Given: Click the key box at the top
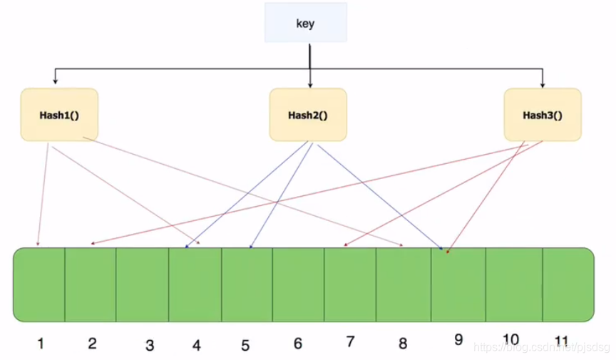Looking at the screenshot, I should coord(305,24).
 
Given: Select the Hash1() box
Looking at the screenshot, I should coord(59,115).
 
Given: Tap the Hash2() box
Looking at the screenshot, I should coord(308,115).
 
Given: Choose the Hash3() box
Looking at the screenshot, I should coord(542,115).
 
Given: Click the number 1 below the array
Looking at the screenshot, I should coord(41,344).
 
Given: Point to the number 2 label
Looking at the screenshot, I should coord(92,344).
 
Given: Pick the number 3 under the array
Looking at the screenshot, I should coord(150,346).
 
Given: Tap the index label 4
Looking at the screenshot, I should coord(197,346).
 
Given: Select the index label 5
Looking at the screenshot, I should coord(245,346).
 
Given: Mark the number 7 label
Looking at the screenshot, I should coord(350,342).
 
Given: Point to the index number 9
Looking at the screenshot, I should coord(458,339).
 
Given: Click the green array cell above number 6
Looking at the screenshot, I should coord(298,284).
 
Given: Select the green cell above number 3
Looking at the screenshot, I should coord(143,284).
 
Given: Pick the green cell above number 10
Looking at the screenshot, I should coord(514,284).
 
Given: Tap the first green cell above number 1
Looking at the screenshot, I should coord(39,284).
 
